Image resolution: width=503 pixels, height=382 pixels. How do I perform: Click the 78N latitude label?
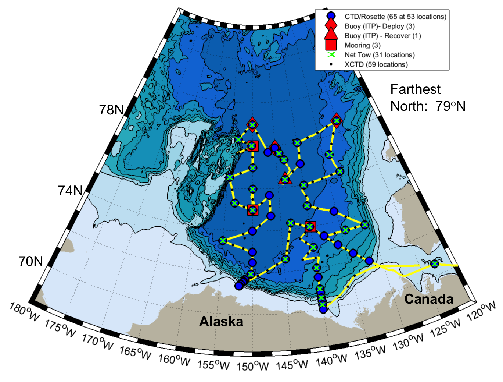(x=111, y=110)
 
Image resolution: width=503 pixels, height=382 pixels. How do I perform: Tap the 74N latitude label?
(x=70, y=191)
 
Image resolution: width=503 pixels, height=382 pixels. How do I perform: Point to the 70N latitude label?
(x=31, y=261)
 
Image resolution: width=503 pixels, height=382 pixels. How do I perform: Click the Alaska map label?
(x=221, y=321)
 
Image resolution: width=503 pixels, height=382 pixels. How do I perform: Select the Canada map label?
(x=429, y=299)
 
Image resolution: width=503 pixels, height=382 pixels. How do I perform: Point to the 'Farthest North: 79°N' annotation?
(x=427, y=98)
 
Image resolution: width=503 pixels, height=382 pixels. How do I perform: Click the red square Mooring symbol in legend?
(x=331, y=45)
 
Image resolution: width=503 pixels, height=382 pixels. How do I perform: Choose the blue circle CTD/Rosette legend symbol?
(x=331, y=17)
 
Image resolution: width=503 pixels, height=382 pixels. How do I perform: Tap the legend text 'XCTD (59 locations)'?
(x=376, y=64)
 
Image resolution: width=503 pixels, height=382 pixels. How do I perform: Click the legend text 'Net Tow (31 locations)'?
(x=379, y=55)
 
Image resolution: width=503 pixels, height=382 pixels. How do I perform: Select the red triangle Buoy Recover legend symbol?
(x=331, y=35)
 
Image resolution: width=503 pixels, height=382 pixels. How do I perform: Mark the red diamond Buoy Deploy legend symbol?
(x=331, y=26)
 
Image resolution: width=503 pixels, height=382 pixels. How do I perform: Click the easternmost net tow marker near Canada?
(x=435, y=263)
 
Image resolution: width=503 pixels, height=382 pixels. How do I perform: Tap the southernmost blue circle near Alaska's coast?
(x=323, y=310)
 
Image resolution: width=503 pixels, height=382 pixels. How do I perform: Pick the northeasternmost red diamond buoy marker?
(x=337, y=120)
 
